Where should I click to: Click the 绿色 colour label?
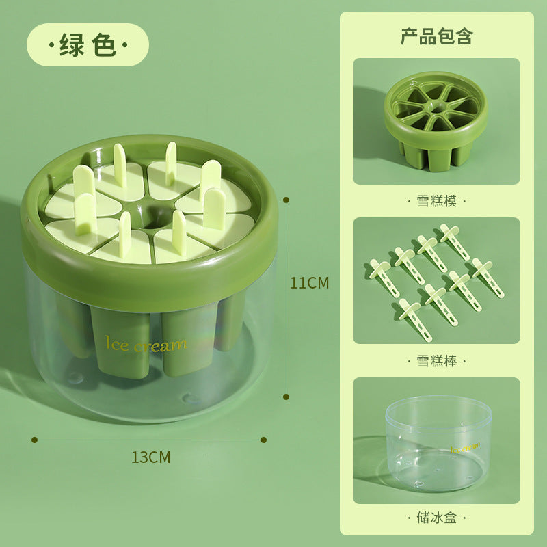pos(88,45)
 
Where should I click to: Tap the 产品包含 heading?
pos(436,36)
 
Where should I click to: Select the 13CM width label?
pos(150,457)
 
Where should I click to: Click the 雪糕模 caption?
pos(436,201)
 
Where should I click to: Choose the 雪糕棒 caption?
pos(436,360)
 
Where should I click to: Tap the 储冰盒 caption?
pos(436,518)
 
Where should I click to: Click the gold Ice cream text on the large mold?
pos(146,344)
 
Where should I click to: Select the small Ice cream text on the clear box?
pos(465,447)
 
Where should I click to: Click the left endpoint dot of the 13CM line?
pos(34,440)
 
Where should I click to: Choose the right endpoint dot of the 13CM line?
pos(265,440)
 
